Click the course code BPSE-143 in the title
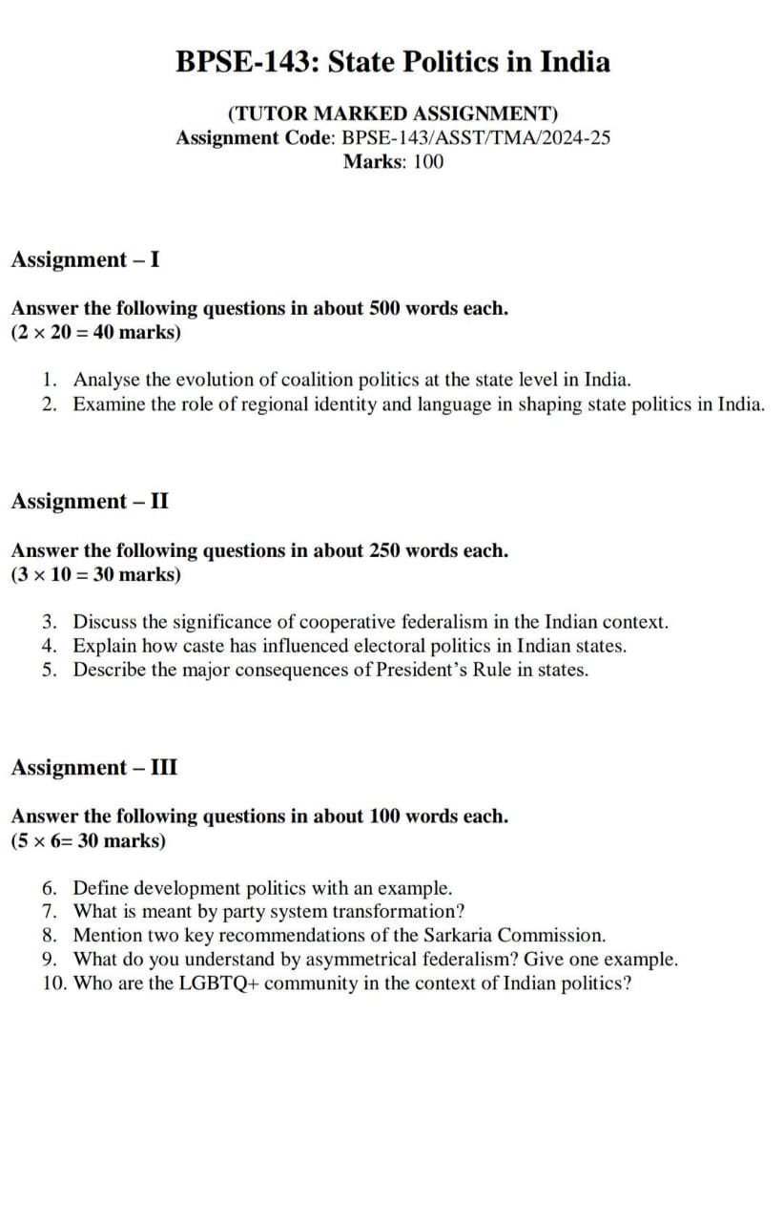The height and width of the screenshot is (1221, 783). coord(247,62)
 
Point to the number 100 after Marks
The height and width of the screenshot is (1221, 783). coord(428,161)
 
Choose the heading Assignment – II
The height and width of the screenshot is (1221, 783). coord(90,501)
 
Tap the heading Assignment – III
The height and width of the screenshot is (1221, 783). coord(93,767)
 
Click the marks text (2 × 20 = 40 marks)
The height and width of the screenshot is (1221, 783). coord(95,333)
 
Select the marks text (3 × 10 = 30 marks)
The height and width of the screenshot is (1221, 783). coord(95,574)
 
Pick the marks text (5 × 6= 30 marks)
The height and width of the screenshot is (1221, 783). coord(88,840)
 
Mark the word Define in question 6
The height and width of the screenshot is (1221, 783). coord(100,888)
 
